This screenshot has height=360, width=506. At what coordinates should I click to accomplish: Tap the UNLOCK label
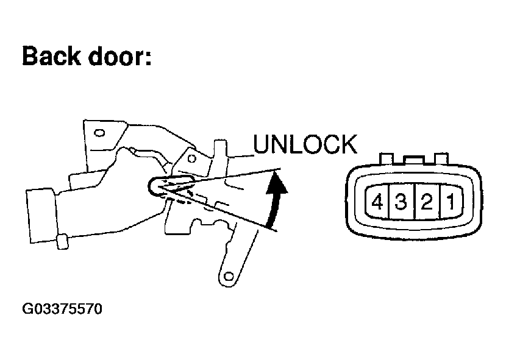[x=304, y=144]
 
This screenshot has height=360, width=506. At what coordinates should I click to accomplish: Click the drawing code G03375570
[x=62, y=309]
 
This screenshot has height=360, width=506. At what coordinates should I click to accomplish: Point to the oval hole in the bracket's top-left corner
[x=99, y=131]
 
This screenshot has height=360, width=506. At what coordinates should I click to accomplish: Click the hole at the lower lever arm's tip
[x=229, y=277]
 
